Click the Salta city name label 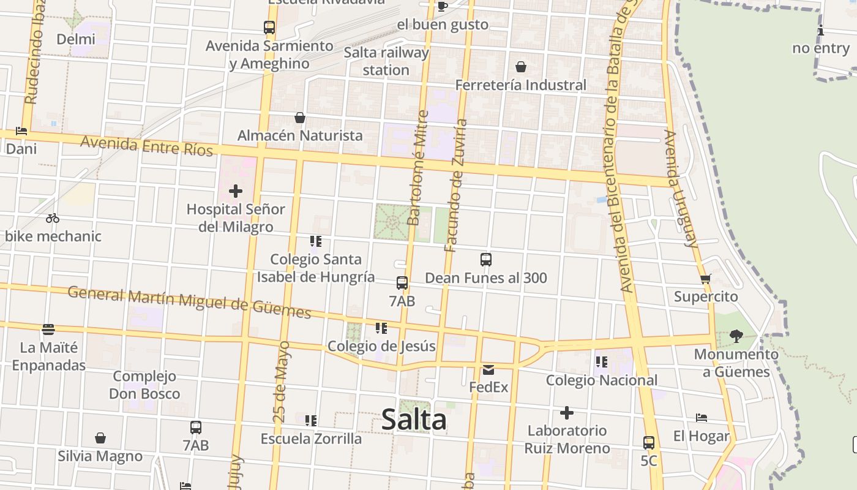click(414, 420)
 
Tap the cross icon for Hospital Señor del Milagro click(236, 191)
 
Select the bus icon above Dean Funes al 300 click(486, 260)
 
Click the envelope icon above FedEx click(488, 369)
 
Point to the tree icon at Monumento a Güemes click(736, 336)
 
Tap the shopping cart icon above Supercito click(705, 279)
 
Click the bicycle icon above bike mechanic click(53, 218)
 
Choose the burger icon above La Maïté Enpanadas click(48, 330)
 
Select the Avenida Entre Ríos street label click(146, 146)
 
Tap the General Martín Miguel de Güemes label click(189, 302)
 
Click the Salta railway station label click(386, 61)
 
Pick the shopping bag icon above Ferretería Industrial click(521, 67)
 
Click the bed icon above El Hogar click(702, 418)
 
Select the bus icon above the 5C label click(649, 442)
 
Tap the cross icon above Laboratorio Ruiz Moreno click(567, 413)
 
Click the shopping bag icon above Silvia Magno click(100, 439)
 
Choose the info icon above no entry click(821, 31)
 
